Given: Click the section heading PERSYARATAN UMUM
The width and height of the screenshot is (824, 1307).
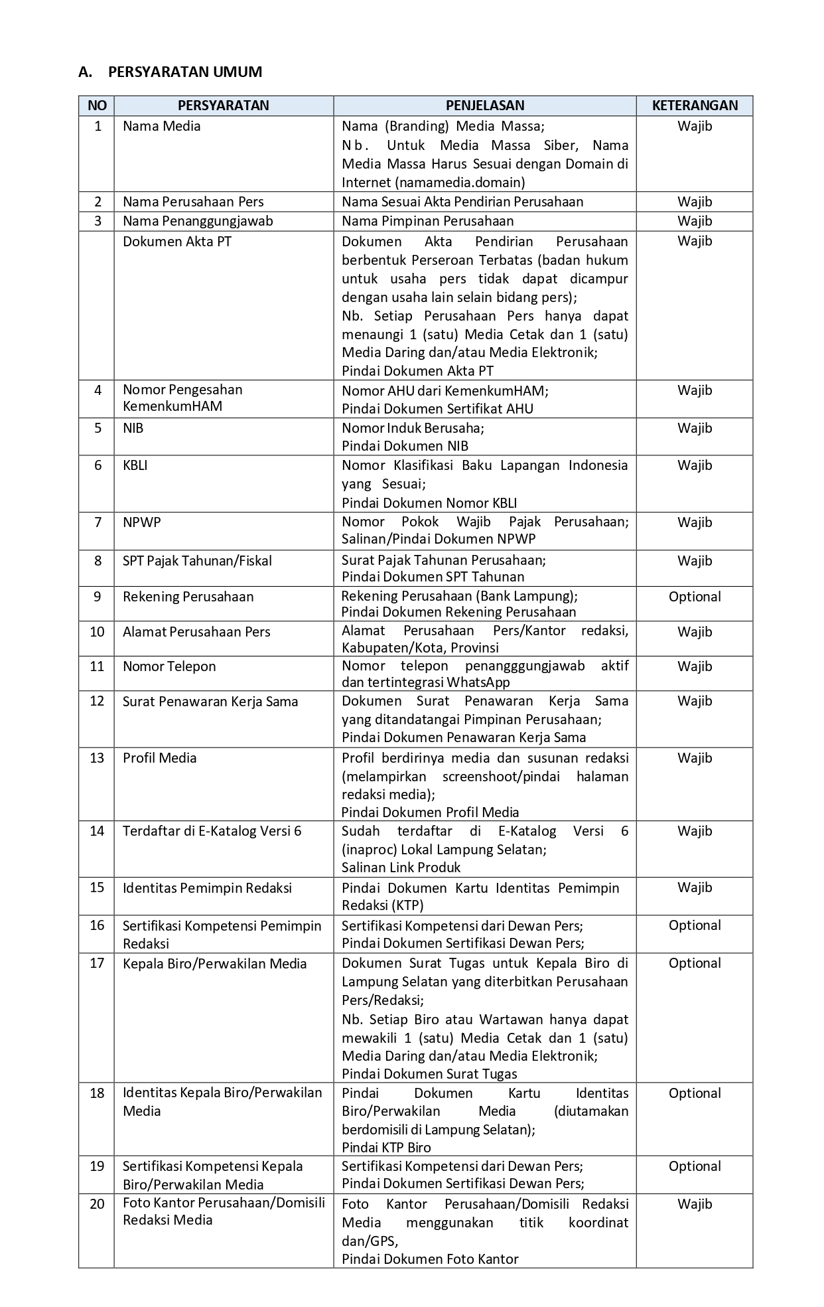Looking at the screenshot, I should [x=185, y=72].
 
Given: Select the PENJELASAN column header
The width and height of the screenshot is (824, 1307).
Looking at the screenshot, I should [x=484, y=106].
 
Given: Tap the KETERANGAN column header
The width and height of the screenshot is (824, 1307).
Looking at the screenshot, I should [x=695, y=106].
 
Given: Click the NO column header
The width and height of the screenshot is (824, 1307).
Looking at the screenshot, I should [x=97, y=106].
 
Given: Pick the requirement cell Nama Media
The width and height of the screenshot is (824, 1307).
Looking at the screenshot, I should [x=161, y=126].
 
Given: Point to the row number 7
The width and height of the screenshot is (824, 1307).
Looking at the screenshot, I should [x=98, y=522].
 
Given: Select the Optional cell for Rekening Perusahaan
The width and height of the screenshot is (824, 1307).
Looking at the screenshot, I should [x=695, y=597].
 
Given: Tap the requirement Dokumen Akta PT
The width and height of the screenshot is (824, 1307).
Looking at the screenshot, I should [x=176, y=242].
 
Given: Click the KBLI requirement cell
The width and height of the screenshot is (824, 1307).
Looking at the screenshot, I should [x=135, y=465].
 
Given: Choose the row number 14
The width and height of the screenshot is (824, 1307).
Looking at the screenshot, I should [x=98, y=831].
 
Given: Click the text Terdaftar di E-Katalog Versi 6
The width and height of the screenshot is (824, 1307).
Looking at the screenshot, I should [x=212, y=831].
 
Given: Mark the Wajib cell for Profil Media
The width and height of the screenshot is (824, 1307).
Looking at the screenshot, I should [x=695, y=758].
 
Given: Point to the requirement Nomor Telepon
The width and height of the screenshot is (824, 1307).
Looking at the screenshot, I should [x=169, y=666].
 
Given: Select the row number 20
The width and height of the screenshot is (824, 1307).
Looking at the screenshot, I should [x=98, y=1204].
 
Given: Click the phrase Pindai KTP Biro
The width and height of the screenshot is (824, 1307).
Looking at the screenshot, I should [x=386, y=1148].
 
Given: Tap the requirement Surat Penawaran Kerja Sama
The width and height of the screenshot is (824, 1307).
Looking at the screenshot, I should [x=210, y=702].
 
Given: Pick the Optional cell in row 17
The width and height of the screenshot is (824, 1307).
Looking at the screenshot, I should [x=695, y=963].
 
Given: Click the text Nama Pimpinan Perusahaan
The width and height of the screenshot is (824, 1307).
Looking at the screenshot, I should [x=427, y=221].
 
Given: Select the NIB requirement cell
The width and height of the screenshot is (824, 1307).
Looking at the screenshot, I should [x=133, y=428].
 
